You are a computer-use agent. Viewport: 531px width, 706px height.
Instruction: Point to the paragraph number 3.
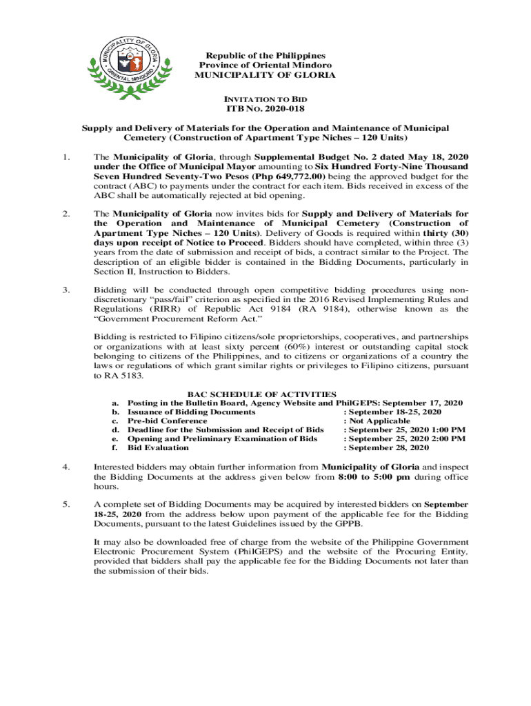pyautogui.click(x=66, y=290)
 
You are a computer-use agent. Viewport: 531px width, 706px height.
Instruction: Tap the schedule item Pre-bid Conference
pyautogui.click(x=168, y=421)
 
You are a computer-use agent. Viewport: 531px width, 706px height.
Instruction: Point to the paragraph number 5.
pyautogui.click(x=66, y=504)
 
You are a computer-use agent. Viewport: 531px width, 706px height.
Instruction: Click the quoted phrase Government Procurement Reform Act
pyautogui.click(x=178, y=319)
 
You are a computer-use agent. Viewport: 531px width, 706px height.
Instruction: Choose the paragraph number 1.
pyautogui.click(x=66, y=157)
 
